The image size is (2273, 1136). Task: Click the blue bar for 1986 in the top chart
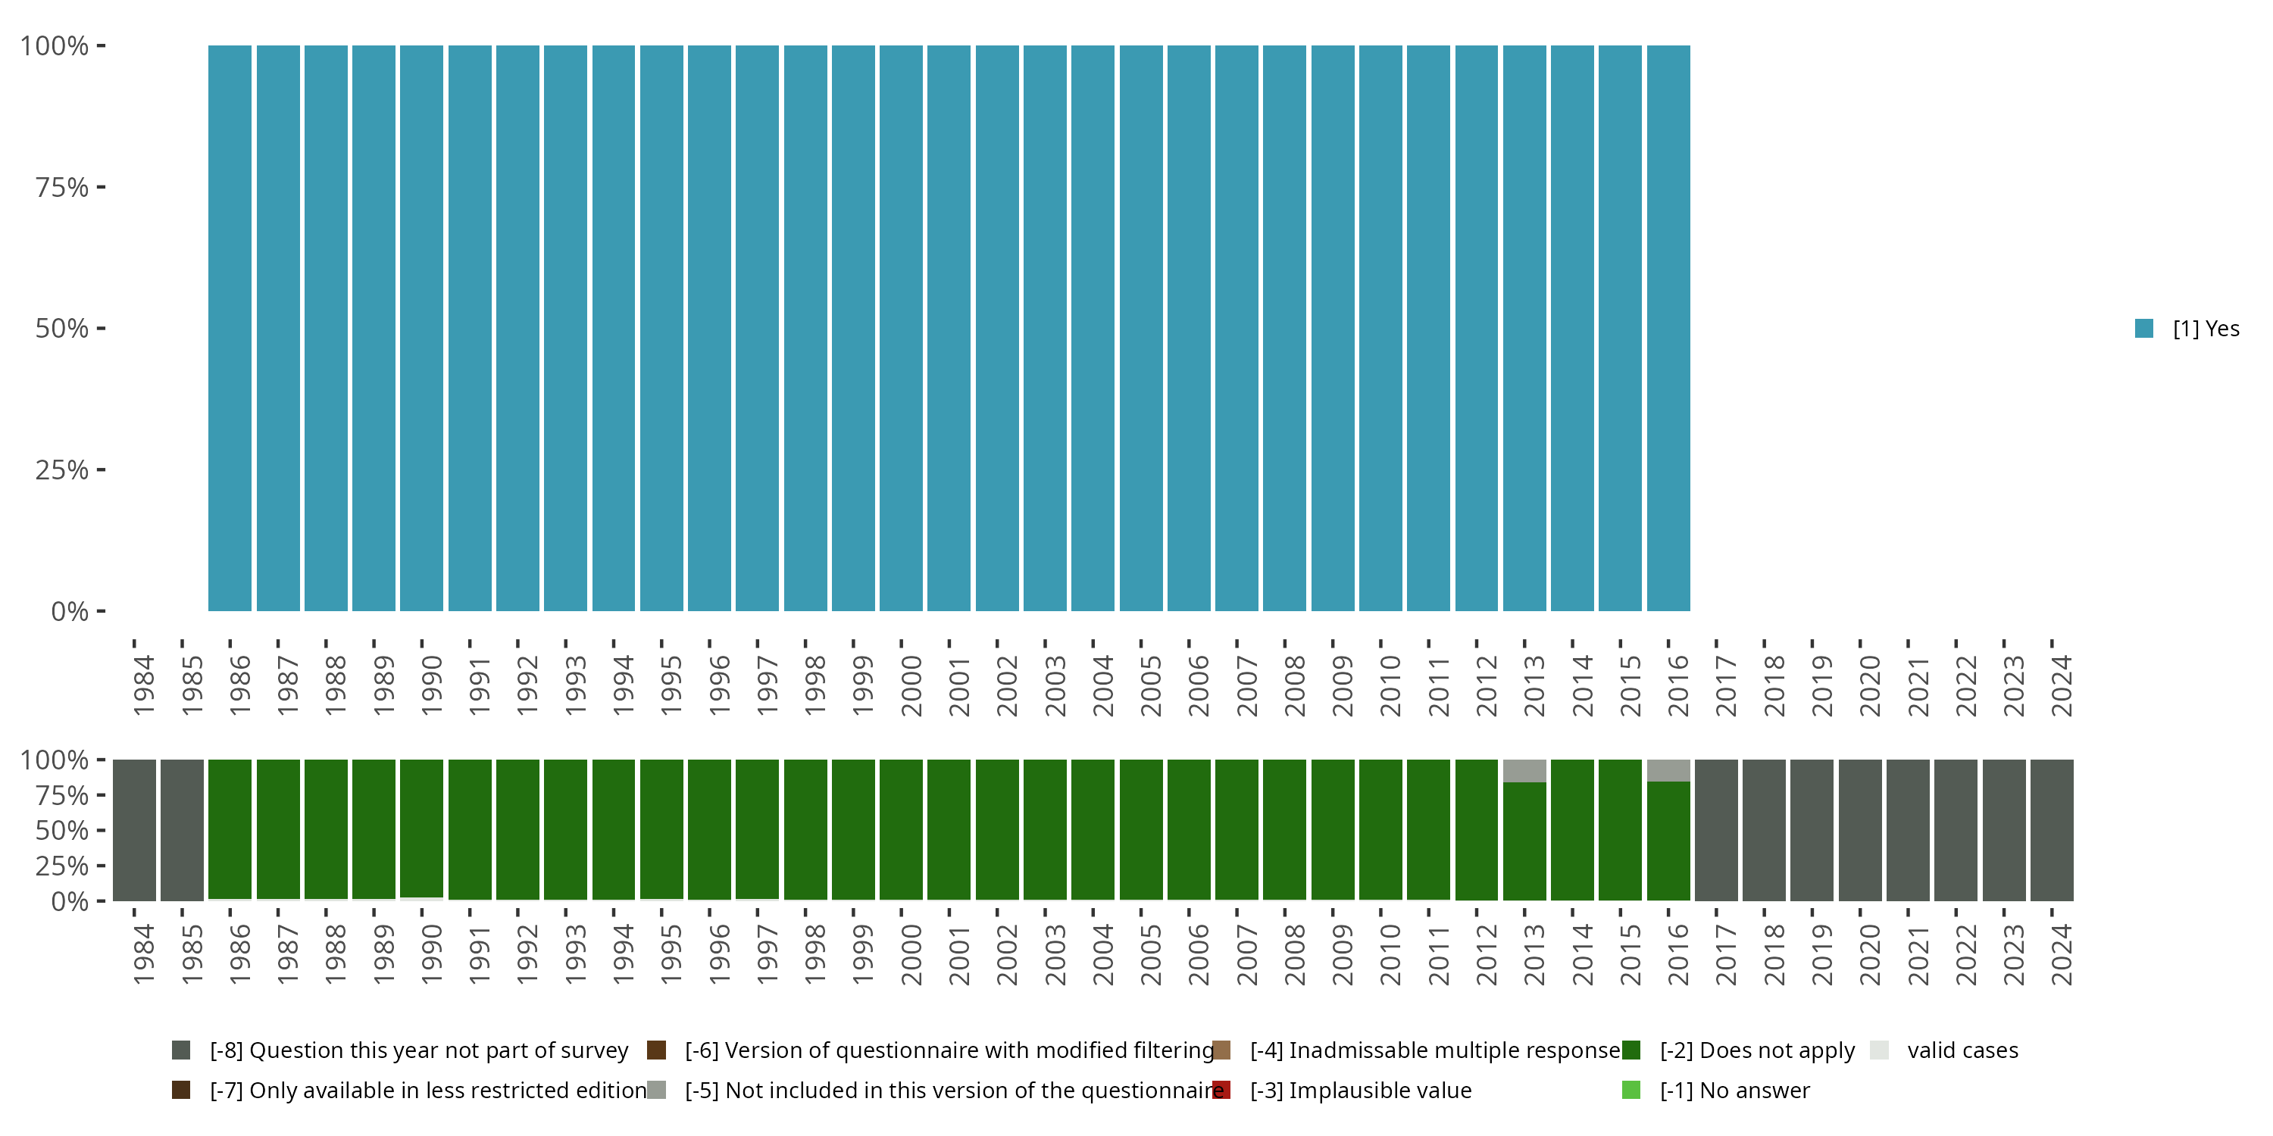click(230, 328)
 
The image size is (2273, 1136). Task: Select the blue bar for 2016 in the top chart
click(1668, 328)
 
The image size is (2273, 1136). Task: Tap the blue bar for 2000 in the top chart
click(901, 328)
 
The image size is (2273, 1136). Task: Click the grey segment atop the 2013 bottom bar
click(1524, 771)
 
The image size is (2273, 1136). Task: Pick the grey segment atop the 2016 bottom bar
click(1668, 770)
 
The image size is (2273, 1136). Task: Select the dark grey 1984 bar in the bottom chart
click(134, 830)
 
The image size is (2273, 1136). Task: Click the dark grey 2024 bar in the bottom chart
click(2052, 830)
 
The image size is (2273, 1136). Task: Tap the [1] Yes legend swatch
click(2143, 329)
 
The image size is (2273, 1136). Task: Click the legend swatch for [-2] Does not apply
click(1630, 1050)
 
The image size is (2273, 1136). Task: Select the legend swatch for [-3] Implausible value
click(1221, 1090)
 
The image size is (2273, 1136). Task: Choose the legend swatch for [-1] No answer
click(1630, 1090)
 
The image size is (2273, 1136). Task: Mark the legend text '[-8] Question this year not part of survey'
click(418, 1050)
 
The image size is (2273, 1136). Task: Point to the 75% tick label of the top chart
click(62, 188)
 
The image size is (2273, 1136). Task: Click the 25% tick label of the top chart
click(62, 470)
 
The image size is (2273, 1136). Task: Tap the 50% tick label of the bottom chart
click(62, 831)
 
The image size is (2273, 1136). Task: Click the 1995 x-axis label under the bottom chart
click(671, 954)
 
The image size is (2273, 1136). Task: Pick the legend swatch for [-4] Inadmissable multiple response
click(1221, 1050)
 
